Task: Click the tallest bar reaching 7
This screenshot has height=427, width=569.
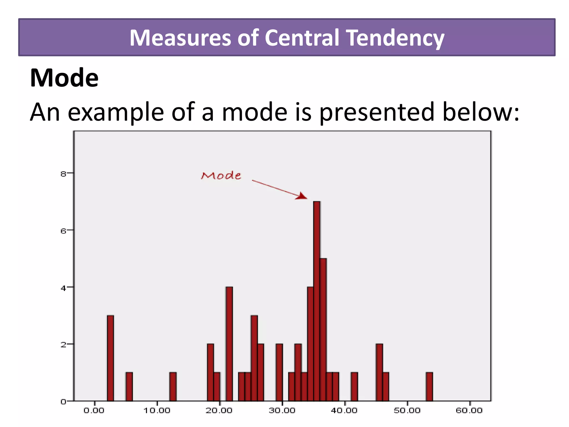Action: tap(317, 300)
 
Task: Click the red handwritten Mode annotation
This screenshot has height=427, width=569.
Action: tap(221, 176)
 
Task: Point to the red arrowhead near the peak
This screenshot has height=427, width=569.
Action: tap(302, 196)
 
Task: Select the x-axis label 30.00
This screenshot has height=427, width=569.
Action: tap(282, 411)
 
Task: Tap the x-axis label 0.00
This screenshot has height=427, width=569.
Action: tap(94, 411)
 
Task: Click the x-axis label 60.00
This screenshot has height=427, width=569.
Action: tap(469, 411)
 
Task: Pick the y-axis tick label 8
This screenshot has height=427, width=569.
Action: tap(63, 174)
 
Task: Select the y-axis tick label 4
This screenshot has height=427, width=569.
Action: tap(63, 288)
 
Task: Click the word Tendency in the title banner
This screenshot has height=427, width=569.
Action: tap(396, 38)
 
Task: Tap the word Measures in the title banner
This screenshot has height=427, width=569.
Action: tap(180, 38)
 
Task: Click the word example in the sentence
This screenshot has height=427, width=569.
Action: tap(116, 112)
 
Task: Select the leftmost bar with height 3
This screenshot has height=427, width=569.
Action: tap(110, 358)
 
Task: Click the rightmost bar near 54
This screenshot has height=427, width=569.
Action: tap(429, 386)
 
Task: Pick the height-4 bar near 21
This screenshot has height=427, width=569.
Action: tap(229, 344)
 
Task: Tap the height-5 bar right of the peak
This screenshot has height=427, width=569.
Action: tap(323, 329)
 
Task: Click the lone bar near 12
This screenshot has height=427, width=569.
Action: tap(173, 386)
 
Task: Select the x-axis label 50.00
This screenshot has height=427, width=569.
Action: tap(407, 411)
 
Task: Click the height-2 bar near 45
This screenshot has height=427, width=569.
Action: tap(380, 373)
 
